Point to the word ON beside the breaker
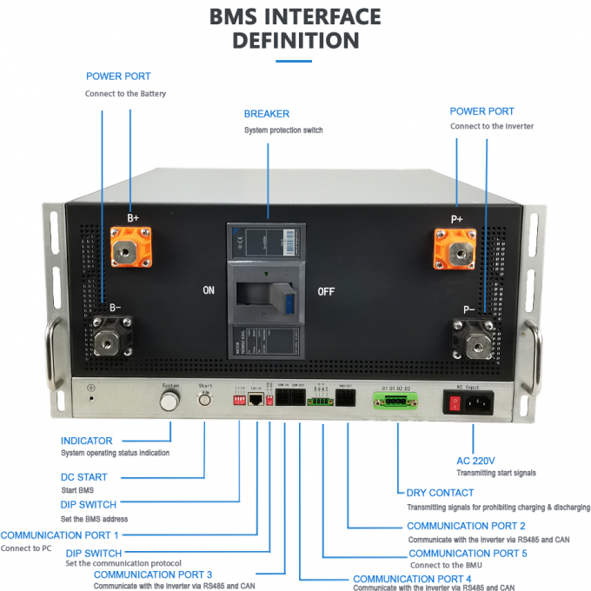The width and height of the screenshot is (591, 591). [x=209, y=290]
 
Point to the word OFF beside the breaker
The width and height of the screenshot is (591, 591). [x=326, y=291]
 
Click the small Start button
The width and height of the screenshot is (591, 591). [x=206, y=401]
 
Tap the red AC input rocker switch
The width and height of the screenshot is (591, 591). [x=453, y=402]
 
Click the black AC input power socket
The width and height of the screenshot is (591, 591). [x=478, y=402]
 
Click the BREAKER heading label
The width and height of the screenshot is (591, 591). [x=267, y=114]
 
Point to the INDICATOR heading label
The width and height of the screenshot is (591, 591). [x=87, y=441]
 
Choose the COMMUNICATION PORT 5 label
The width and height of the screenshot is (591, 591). [x=468, y=554]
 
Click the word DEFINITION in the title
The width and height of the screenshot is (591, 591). [x=295, y=40]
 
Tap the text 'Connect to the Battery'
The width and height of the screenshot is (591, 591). [x=125, y=93]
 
